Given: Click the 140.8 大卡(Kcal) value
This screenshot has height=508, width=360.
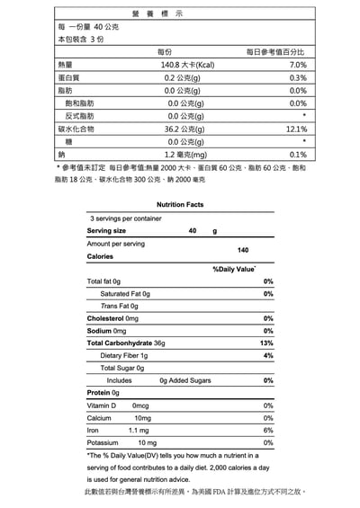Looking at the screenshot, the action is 187,66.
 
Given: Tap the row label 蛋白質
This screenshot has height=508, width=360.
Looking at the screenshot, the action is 67,78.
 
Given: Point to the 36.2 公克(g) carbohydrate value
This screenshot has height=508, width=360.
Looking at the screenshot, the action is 187,129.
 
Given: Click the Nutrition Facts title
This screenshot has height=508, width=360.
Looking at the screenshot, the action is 180,205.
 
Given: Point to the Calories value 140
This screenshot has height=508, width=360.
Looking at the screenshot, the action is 242,249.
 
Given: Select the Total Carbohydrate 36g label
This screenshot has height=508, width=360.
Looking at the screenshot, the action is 126,343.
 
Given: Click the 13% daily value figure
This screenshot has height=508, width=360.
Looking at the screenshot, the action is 266,343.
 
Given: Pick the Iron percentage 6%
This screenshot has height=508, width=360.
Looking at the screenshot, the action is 268,430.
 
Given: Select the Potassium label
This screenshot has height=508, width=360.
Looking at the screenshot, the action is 103,442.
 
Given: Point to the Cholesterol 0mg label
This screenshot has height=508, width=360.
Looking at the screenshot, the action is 112,318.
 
